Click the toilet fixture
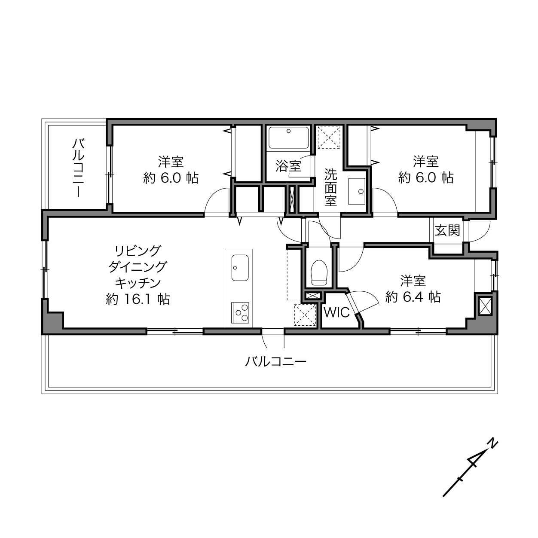coord(319,272)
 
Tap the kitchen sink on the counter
coord(240,268)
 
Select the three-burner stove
coord(240,312)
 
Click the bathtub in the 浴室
coord(288,138)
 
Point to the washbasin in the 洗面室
coord(357,191)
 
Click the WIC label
coord(336,312)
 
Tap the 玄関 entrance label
coord(447,231)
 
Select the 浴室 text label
coord(288,166)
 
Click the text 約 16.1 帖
coord(138,299)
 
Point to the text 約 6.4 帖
coord(413,297)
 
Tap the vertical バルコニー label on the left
coord(79,168)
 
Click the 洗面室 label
coord(330,187)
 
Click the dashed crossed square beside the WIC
coord(305,315)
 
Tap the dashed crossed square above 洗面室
coord(329,138)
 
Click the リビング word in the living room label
coord(138,251)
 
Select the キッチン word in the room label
coord(138,283)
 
